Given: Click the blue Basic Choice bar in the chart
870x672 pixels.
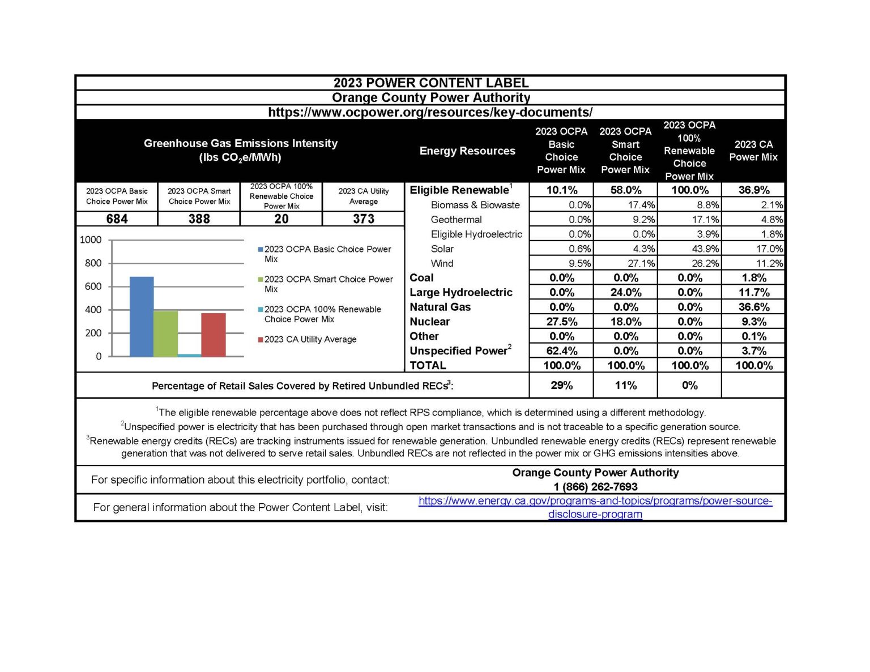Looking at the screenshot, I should [142, 316].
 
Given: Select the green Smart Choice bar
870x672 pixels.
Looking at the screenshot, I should [165, 333].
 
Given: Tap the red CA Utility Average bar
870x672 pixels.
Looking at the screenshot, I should [214, 335].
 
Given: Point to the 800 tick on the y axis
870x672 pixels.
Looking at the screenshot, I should [93, 263].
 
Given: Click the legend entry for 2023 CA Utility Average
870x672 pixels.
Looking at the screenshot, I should [310, 340].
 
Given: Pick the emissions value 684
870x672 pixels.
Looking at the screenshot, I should [117, 219].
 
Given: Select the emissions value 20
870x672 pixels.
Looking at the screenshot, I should [282, 219].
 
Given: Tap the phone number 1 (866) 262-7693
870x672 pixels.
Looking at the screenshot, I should [595, 487].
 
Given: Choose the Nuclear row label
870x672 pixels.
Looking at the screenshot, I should [429, 322].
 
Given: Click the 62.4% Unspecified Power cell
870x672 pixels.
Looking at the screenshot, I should [561, 351].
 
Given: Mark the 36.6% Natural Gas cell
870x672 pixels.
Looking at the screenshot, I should [753, 307].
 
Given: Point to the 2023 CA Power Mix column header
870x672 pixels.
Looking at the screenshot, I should [753, 151].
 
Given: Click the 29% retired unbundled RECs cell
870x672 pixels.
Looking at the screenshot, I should [561, 386].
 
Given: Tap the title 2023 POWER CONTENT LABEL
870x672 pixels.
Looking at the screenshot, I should [430, 83].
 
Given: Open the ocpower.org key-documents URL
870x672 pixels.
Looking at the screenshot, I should [430, 112].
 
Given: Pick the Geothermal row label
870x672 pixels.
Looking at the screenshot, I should [456, 220].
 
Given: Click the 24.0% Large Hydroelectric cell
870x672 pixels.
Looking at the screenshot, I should [626, 293].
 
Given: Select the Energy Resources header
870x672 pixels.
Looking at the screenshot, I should [467, 151].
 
